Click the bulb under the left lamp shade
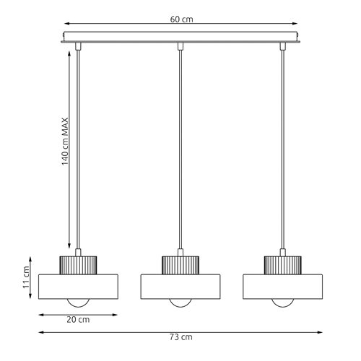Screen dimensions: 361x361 78,301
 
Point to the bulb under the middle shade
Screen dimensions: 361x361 180,301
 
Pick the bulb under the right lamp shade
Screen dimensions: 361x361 282,301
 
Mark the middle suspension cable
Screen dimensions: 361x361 180,144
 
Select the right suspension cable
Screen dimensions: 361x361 282,144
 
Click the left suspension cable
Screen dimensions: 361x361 78,144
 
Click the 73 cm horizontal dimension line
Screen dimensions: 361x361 108,332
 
